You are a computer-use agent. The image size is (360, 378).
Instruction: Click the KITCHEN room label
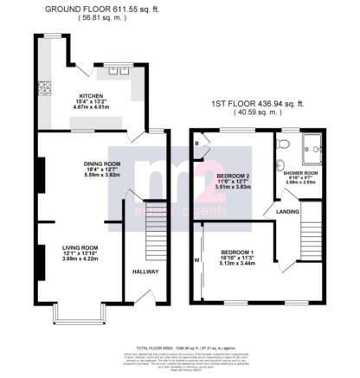click(x=91, y=96)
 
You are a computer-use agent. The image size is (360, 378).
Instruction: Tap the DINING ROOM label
click(x=102, y=163)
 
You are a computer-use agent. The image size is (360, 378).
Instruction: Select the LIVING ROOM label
click(x=79, y=247)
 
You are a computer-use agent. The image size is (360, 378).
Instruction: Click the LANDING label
click(x=288, y=210)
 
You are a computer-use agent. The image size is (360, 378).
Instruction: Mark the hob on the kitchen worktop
click(x=41, y=87)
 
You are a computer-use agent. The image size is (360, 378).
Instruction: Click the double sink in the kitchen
click(x=114, y=71)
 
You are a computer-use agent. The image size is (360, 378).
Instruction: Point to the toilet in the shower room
click(x=279, y=164)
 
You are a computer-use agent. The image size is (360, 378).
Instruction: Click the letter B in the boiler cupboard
click(x=197, y=143)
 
